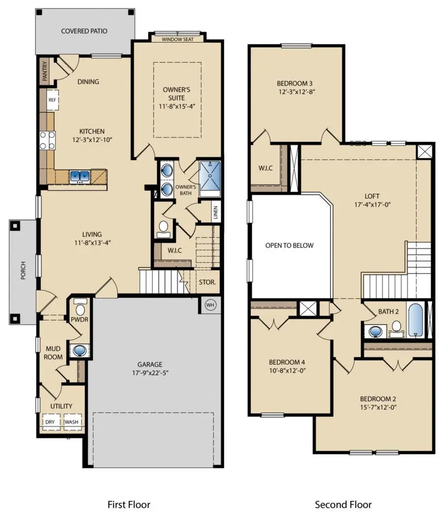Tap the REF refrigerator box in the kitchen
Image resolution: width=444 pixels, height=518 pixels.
52,99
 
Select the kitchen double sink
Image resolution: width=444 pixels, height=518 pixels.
79,176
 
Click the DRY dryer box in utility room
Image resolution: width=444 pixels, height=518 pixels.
50,422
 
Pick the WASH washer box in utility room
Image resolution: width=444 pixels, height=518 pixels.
71,422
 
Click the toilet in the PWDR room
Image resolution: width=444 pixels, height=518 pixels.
80,310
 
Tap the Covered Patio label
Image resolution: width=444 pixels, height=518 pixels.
84,31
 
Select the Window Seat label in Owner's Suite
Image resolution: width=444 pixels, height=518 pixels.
172,39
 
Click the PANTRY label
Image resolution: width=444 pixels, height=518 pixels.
45,70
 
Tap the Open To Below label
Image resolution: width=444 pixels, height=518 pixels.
289,245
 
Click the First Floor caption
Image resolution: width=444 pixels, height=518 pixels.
129,504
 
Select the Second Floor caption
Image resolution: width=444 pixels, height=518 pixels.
343,504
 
